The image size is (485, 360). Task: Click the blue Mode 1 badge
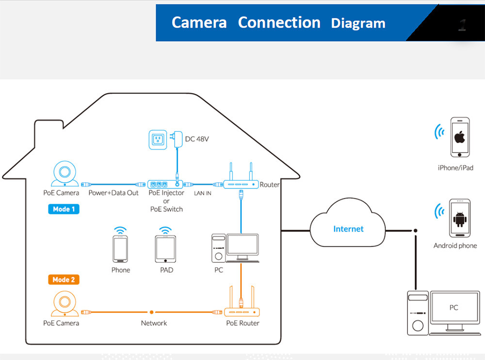coord(63,209)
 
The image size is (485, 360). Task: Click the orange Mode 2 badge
coord(63,280)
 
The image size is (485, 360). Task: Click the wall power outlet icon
coord(158,140)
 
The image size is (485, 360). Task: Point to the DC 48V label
coord(197,140)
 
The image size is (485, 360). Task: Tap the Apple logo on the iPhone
coord(460,137)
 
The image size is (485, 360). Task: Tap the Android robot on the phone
coord(459,219)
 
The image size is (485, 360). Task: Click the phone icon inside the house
coord(120,249)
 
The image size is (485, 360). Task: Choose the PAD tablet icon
coord(166,249)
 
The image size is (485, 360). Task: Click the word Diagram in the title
coord(358,23)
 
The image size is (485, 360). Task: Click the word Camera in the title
coord(199,23)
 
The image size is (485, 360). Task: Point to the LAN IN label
coord(202,193)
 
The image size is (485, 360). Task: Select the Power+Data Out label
coord(113,193)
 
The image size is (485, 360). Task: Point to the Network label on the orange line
coord(154,323)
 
